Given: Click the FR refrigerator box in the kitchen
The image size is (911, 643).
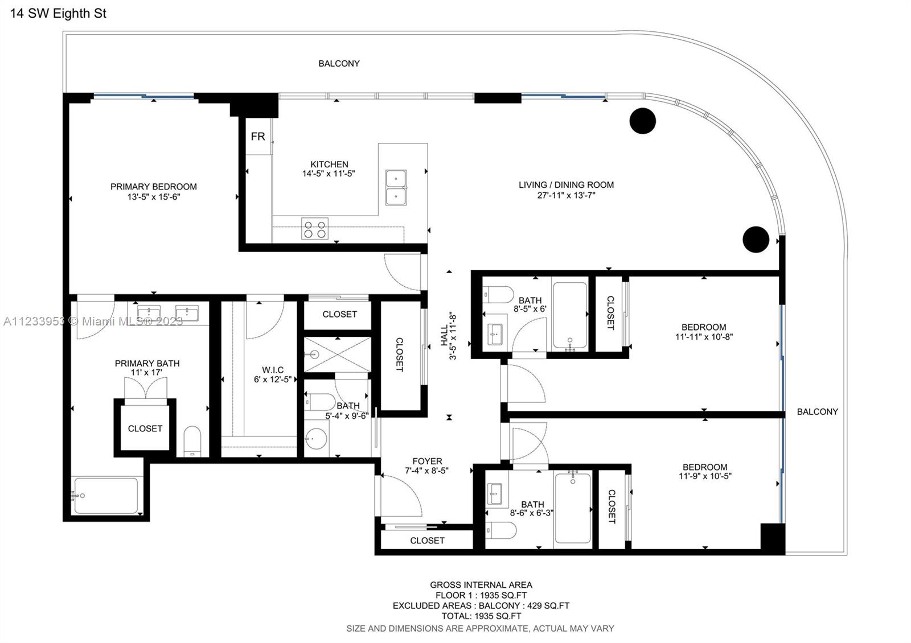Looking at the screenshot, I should pos(258,137).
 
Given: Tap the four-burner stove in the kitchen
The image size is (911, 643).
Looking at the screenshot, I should pos(315,229).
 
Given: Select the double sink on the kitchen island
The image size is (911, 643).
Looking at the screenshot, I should pos(396,187).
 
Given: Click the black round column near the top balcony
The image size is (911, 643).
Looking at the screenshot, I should pos(642,121).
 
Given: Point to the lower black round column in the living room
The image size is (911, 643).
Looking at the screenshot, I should pos(756,239).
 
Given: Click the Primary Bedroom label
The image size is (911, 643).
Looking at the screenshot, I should pos(154,187).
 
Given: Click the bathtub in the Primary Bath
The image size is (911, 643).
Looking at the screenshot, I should pos(106,496).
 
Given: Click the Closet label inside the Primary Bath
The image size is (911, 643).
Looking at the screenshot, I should pos(145,428).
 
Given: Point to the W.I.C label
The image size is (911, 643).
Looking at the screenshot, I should pos(273,370).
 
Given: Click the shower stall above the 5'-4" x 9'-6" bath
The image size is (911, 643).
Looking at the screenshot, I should pos(337,355).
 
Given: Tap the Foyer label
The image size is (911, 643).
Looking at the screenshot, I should pos(427,461).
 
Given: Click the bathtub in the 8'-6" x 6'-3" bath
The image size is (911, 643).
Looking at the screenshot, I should pos(573,508).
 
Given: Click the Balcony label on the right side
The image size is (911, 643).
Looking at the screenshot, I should pos(817,411).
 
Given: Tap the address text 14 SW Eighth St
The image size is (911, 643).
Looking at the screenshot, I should pos(58,14).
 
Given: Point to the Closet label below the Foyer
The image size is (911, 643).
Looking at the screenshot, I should pos(427,541).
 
